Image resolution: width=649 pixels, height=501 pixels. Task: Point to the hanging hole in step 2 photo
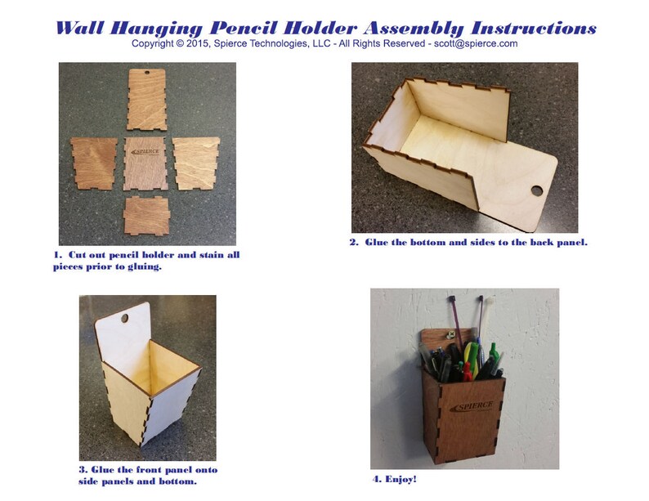click(x=536, y=190)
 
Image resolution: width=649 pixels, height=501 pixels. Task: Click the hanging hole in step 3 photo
click(x=124, y=317)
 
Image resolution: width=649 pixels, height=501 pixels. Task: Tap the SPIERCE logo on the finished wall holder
click(x=469, y=406)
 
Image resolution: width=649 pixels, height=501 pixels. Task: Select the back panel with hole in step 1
click(x=147, y=98)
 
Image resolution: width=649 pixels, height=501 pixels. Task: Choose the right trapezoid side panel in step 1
click(x=196, y=162)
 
